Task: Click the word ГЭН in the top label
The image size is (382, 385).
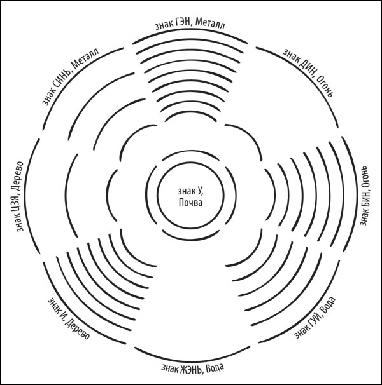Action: tap(182, 24)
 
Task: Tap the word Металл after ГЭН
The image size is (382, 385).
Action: tap(210, 24)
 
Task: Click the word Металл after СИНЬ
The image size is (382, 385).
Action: tap(86, 58)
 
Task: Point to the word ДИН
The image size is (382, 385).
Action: tap(306, 66)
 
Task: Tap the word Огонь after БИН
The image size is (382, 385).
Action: tap(364, 177)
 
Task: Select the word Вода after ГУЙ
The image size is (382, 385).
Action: tap(329, 305)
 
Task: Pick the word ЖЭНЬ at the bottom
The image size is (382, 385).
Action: tap(191, 369)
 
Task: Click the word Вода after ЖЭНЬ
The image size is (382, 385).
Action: tap(215, 368)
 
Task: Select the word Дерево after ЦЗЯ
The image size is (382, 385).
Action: tap(20, 176)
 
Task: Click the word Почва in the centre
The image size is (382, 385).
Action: tap(190, 203)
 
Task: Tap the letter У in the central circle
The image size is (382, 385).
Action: tap(199, 191)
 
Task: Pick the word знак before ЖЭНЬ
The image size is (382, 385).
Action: tap(170, 368)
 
